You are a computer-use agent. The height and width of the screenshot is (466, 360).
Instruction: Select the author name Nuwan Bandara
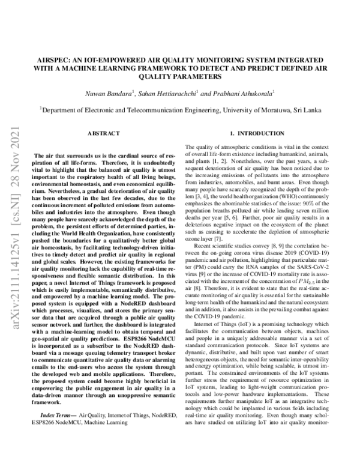[113, 94]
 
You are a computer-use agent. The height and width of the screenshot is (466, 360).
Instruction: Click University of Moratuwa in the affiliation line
[263, 110]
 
